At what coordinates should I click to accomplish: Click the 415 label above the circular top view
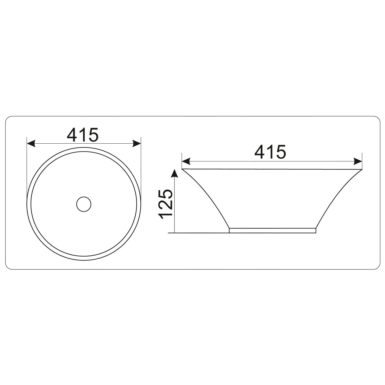coord(83,135)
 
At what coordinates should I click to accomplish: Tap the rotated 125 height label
coord(166,202)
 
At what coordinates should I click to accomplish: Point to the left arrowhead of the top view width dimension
coord(31,143)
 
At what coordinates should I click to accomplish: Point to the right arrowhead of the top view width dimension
coord(137,143)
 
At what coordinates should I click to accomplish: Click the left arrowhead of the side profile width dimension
coord(186,161)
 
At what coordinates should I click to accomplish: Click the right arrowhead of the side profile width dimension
coord(358,161)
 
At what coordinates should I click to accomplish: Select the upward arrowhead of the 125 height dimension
coord(175,173)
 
